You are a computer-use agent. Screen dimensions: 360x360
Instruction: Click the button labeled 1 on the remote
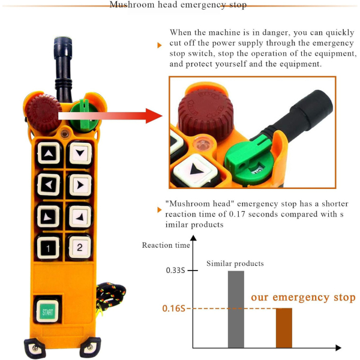coord(48,248)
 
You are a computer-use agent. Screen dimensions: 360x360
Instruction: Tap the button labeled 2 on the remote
coord(79,247)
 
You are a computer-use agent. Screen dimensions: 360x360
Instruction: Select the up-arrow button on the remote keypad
coord(49,153)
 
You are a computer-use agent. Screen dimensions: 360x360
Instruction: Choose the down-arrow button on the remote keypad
coord(80,153)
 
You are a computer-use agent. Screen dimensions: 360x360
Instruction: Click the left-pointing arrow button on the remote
coord(49,185)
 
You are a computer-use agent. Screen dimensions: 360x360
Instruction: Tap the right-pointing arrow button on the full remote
coord(80,185)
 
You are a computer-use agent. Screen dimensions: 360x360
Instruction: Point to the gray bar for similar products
coord(236,309)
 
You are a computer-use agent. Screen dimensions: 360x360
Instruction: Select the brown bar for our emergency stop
coord(284,328)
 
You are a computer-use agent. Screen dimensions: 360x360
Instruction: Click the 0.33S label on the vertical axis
coord(175,270)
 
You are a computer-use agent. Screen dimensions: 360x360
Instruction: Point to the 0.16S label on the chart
coord(173,308)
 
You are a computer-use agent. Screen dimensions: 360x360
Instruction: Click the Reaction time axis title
coord(166,245)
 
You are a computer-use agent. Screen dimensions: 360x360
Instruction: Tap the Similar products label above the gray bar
coord(235,263)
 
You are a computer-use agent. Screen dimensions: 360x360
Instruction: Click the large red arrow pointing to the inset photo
coord(110,116)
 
